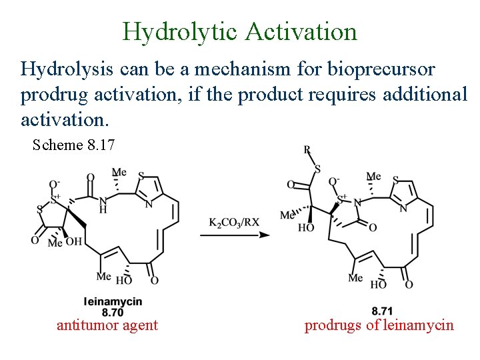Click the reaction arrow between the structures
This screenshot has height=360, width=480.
coord(233,235)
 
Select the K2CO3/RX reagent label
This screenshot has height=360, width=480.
coord(234,222)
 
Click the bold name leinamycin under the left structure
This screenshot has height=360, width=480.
coord(113,302)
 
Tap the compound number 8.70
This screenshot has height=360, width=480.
coord(113,311)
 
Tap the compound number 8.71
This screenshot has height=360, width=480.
coord(383,311)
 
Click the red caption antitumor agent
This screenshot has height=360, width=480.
coord(107,325)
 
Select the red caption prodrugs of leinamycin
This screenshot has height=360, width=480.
coord(379,325)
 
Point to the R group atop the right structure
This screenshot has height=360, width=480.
coord(308,151)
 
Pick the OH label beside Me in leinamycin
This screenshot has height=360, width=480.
coord(74,241)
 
